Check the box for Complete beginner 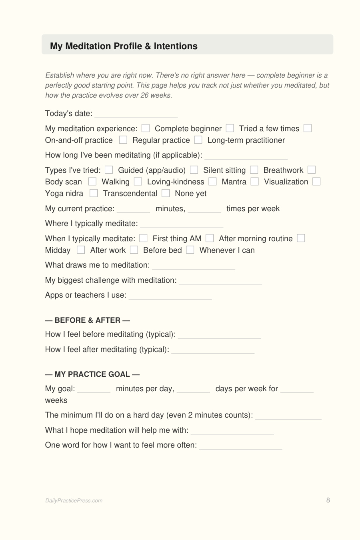pos(146,128)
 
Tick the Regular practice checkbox pos(123,140)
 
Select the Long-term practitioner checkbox pos(198,140)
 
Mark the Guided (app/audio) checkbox pos(109,170)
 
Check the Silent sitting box pos(194,170)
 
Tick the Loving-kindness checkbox pos(138,182)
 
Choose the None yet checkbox pos(166,193)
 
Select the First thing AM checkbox pos(144,238)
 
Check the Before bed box pos(134,250)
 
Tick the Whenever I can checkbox pos(190,250)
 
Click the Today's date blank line pos(136,114)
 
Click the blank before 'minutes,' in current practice pos(134,209)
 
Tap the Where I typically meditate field pos(182,224)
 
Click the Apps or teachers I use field pos(170,296)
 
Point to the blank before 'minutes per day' pos(94,389)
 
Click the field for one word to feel pos(241,446)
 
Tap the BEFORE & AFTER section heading pos(88,320)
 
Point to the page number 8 pos(328,500)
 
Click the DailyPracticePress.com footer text pos(74,500)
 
